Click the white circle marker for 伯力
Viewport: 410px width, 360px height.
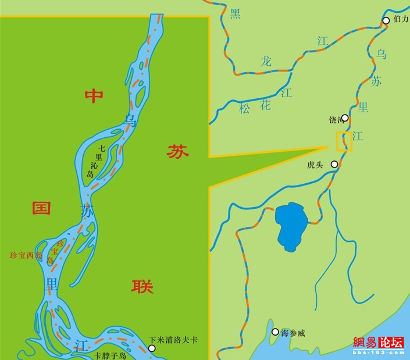pos(386,21)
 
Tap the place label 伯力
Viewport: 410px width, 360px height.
pos(401,19)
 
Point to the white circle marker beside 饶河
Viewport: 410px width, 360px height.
pos(345,118)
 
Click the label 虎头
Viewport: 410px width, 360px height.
pos(314,165)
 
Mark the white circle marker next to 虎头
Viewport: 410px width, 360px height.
pos(334,165)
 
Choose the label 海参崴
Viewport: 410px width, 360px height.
pos(293,333)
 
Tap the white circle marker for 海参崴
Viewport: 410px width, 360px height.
pos(275,332)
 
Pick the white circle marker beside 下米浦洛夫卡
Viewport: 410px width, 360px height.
pos(152,348)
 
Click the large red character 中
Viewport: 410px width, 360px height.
pos(94,96)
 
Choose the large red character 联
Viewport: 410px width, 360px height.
pos(142,286)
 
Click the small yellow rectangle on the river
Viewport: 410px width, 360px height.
pos(344,141)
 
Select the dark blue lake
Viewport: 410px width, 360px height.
pos(291,224)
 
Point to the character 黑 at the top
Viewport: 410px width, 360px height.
pos(235,13)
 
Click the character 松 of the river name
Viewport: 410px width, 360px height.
pos(244,108)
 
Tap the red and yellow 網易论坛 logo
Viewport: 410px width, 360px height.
pos(378,344)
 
